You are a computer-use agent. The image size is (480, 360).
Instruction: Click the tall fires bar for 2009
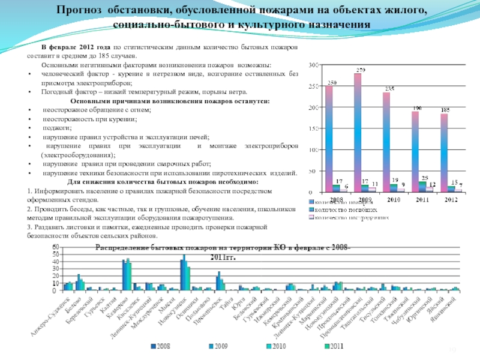[358, 132]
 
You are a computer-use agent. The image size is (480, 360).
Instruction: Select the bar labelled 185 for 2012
[444, 152]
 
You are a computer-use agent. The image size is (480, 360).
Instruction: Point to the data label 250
[331, 82]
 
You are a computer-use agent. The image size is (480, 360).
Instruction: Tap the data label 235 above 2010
[389, 89]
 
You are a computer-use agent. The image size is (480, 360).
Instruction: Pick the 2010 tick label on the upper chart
[395, 199]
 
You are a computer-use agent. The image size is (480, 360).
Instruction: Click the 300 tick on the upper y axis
[313, 64]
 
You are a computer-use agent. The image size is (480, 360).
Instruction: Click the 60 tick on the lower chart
[56, 247]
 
